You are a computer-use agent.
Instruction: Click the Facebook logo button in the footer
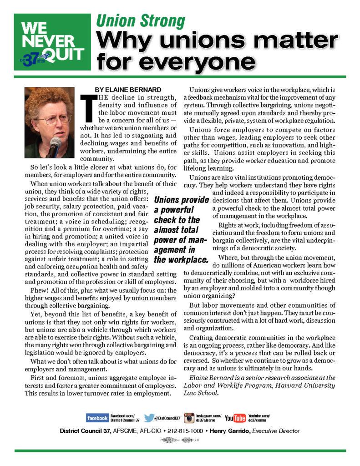[x=97, y=418]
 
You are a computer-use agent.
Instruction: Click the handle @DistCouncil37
[x=168, y=418]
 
